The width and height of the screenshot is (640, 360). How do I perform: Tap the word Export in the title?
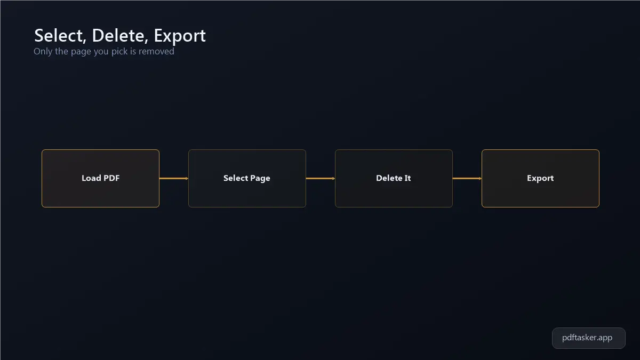click(x=180, y=36)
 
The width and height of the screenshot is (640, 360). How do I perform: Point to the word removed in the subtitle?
click(x=156, y=51)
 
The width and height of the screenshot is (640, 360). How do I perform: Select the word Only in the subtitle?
click(x=43, y=52)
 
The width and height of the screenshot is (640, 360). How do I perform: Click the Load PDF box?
click(x=101, y=178)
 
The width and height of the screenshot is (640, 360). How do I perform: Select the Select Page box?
click(x=247, y=178)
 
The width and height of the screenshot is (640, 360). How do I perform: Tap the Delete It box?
click(x=394, y=178)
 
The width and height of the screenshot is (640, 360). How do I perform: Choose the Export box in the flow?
click(x=540, y=178)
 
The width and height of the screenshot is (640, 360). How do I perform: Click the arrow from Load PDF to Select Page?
click(x=174, y=179)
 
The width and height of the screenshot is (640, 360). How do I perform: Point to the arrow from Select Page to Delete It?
click(x=321, y=179)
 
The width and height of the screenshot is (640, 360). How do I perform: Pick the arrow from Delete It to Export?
click(x=467, y=179)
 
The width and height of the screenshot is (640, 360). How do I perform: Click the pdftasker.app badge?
click(x=589, y=338)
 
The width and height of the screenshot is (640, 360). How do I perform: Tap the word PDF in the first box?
click(x=111, y=178)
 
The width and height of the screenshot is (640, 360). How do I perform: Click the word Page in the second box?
click(x=260, y=179)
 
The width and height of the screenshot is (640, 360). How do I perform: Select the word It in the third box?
click(x=407, y=178)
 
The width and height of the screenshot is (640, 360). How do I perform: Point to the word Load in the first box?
click(x=91, y=178)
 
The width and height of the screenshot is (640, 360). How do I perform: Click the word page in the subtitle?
click(x=81, y=52)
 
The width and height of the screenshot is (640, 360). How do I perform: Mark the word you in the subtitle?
click(x=101, y=52)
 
